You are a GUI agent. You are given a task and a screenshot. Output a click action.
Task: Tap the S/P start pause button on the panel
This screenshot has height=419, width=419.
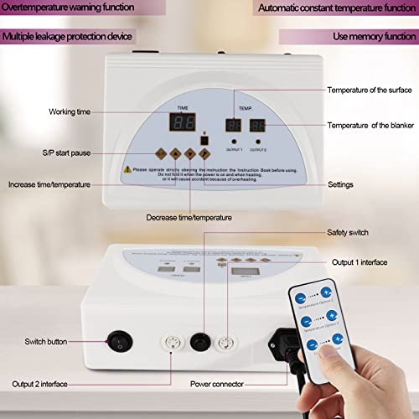pos(161,153)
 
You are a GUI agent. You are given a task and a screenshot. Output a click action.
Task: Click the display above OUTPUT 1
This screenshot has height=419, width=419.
pos(234,126)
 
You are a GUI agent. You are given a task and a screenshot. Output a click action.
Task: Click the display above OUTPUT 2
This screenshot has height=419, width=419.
pos(258,126)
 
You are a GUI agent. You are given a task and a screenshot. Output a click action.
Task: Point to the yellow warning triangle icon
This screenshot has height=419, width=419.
pos(126,168)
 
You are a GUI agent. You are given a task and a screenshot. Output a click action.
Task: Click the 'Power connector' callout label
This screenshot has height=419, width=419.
pos(218,384)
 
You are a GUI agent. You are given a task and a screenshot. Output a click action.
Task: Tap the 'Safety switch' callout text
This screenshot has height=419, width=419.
pos(346,232)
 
